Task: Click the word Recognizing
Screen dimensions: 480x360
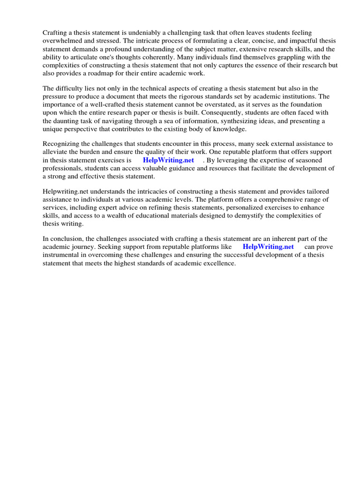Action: tap(63, 143)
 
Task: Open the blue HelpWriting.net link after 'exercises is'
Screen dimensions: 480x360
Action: tap(168, 160)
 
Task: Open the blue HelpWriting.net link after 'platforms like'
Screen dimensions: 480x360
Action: tap(268, 247)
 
